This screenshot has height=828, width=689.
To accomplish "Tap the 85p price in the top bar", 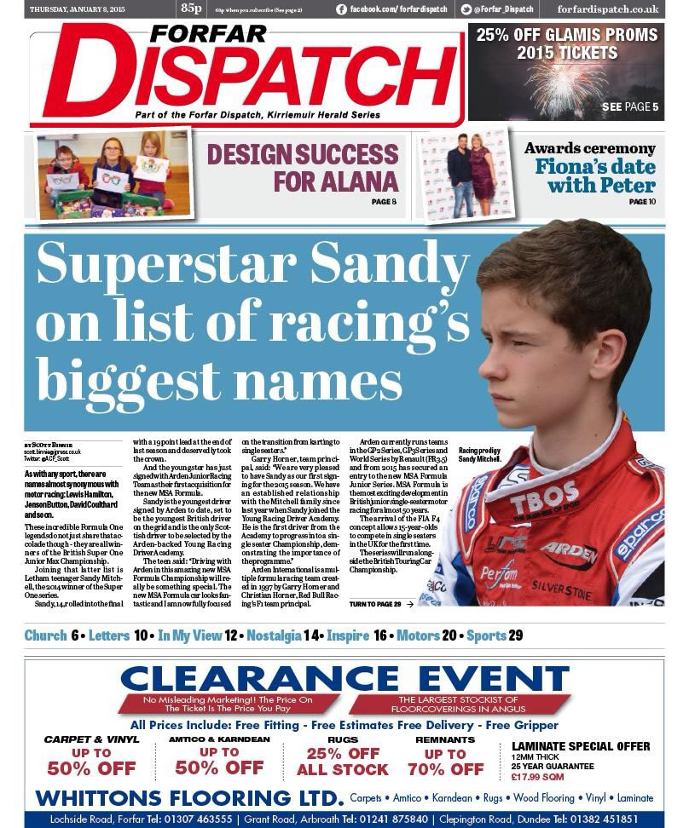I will (x=190, y=9).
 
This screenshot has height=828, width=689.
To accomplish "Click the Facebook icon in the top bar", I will (x=342, y=9).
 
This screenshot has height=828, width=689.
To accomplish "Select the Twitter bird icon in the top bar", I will (x=466, y=9).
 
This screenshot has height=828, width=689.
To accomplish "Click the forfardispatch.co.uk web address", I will (x=608, y=9).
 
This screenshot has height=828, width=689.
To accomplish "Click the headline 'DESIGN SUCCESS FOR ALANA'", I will (x=303, y=168).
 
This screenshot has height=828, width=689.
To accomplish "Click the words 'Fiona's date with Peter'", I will (x=595, y=175).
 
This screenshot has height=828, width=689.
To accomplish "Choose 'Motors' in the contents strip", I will (x=418, y=635).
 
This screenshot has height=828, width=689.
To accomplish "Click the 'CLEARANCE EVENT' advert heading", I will (x=344, y=679).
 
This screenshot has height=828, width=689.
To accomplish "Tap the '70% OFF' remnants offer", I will (x=445, y=769).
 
